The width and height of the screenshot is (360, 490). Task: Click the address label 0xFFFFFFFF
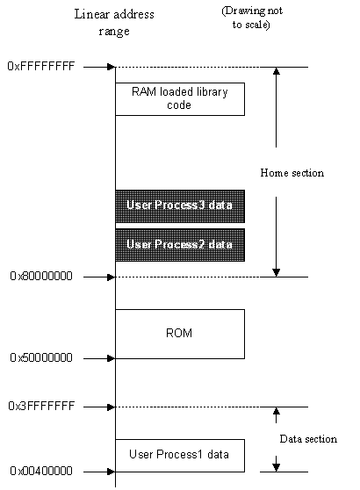(41, 66)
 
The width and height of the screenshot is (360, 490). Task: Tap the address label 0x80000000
(41, 277)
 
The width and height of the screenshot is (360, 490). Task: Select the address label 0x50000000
(41, 357)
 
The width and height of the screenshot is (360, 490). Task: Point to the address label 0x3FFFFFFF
(41, 406)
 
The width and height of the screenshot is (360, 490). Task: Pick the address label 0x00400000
(41, 471)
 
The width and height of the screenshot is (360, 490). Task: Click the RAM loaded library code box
(180, 99)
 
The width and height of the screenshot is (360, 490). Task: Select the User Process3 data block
(180, 206)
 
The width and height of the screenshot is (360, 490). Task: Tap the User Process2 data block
(180, 245)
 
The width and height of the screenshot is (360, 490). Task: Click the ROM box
(180, 334)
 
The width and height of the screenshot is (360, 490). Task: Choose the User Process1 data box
(180, 456)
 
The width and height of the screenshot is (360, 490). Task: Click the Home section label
(292, 173)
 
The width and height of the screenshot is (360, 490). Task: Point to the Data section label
(308, 439)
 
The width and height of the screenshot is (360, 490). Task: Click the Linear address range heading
(114, 23)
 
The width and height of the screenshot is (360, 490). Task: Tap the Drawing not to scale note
(252, 18)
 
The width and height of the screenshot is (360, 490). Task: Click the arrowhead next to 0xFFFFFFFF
(111, 67)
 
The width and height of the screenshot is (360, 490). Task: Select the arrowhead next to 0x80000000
(111, 277)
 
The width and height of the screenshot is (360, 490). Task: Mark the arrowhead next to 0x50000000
(111, 358)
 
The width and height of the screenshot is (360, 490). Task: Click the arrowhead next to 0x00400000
(111, 472)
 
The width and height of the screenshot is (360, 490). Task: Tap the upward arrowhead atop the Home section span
(277, 71)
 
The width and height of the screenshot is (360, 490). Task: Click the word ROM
(179, 333)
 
